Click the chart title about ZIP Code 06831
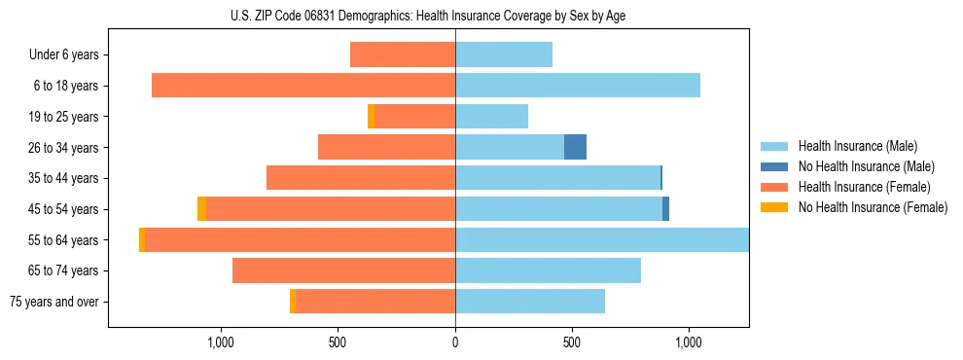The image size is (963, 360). pos(428,17)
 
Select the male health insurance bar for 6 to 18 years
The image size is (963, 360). pos(578,86)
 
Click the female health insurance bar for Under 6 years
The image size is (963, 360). pos(403,54)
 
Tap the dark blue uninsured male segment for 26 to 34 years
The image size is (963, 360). pos(575,147)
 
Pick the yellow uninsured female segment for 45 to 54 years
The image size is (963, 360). pos(201,209)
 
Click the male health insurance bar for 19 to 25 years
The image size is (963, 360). pos(491,117)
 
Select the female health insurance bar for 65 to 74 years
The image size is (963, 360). pos(343,270)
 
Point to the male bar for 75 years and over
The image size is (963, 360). pos(530,302)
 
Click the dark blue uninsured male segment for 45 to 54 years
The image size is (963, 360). pos(666,209)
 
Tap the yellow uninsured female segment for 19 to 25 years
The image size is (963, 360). pos(371,117)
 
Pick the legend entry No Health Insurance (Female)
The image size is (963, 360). pos(873,207)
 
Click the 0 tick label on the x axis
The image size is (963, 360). pos(455,342)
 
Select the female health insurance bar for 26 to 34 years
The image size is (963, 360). pos(386,147)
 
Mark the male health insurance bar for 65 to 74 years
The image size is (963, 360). pos(548,270)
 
